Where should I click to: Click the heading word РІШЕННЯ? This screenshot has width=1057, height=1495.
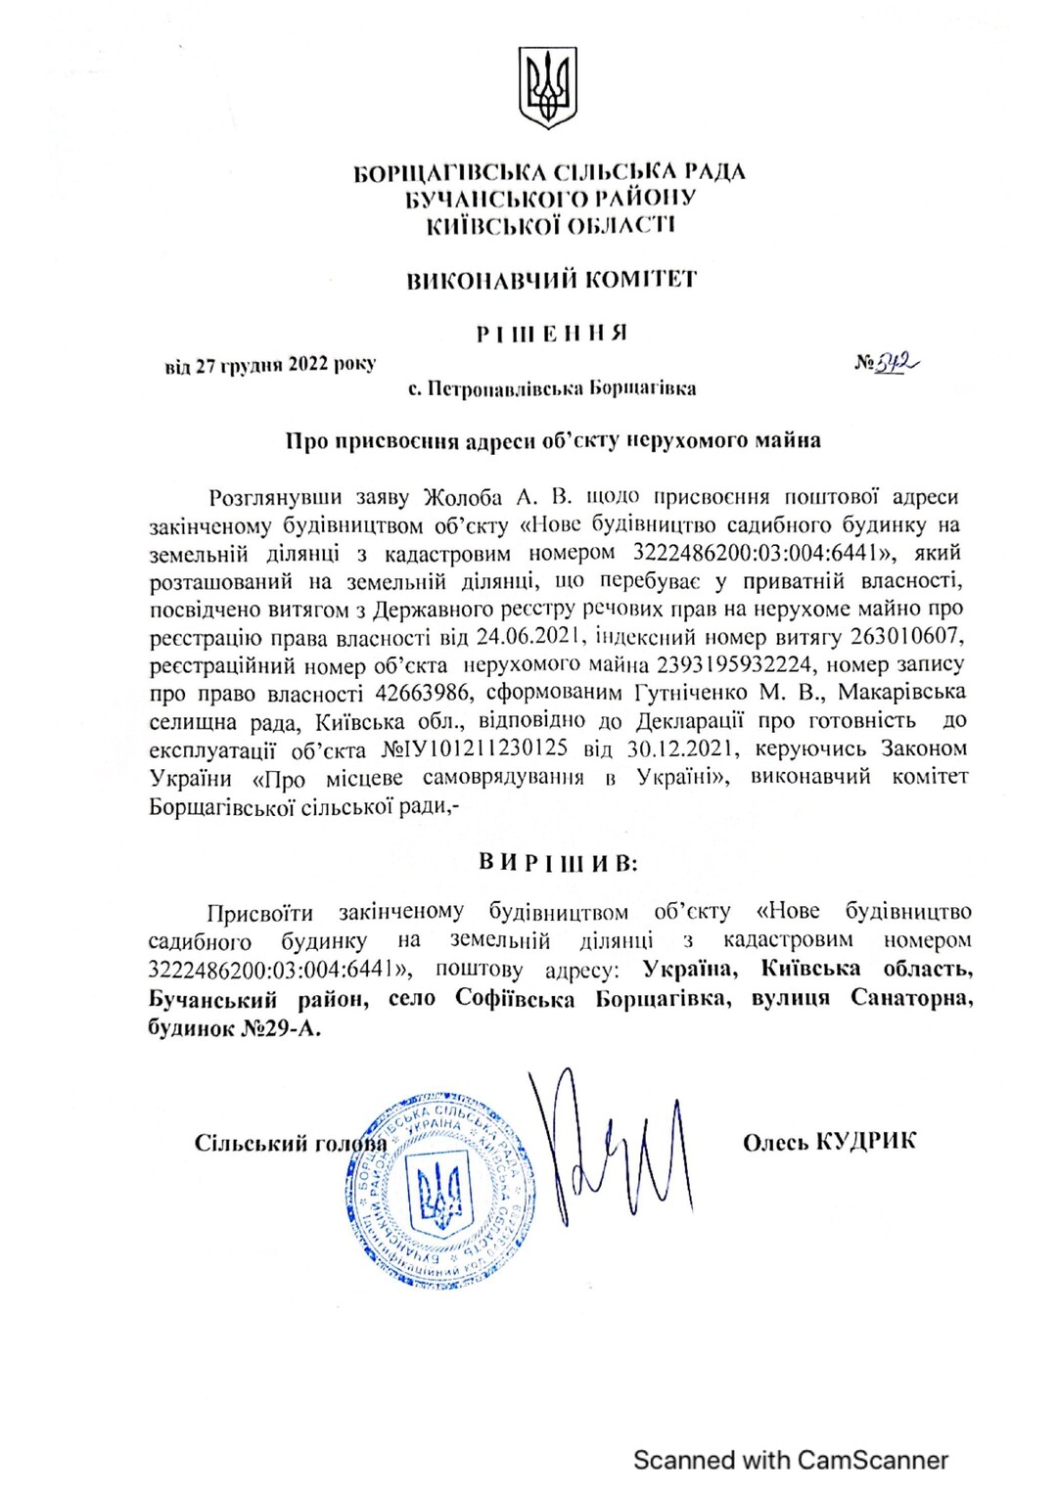coord(551,334)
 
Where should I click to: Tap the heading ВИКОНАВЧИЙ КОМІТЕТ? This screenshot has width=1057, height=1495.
coord(551,280)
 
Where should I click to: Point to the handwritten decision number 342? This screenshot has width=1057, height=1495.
coord(896,363)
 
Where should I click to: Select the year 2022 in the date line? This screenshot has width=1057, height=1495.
coord(308,365)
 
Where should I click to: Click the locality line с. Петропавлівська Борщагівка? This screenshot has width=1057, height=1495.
coord(552,388)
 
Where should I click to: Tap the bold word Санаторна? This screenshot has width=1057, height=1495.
coord(911,998)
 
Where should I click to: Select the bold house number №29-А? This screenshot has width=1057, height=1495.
coord(280,1028)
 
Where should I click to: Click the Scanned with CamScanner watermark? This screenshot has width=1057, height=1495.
coord(791,1461)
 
